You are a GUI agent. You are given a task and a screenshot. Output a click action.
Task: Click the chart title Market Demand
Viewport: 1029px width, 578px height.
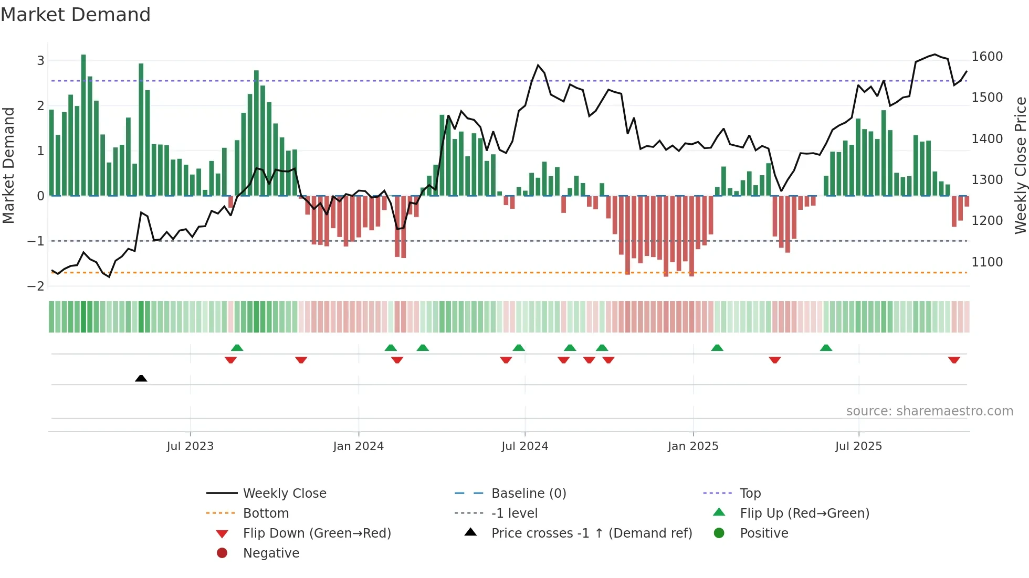[76, 15]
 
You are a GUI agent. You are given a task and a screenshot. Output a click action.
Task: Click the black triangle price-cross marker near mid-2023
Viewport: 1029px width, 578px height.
[141, 378]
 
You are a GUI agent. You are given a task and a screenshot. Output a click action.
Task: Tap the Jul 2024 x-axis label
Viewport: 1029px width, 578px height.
[524, 446]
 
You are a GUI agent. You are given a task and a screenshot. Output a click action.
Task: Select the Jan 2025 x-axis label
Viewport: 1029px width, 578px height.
[692, 446]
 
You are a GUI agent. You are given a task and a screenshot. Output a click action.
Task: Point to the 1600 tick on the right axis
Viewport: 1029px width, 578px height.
[987, 57]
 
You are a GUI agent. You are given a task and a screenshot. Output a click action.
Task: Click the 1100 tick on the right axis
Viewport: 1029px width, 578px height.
[987, 262]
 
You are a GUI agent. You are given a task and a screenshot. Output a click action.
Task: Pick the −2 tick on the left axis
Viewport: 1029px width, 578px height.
[36, 286]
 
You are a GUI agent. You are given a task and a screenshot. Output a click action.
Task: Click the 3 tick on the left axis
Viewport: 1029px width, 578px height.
[40, 61]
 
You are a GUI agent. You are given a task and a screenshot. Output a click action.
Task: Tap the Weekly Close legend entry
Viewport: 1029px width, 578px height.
[284, 494]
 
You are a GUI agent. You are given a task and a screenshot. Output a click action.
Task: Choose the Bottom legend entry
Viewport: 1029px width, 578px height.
[266, 513]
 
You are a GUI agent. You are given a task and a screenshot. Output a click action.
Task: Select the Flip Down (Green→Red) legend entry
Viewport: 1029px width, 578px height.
[317, 533]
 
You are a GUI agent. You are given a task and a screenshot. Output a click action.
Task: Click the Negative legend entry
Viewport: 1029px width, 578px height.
[271, 553]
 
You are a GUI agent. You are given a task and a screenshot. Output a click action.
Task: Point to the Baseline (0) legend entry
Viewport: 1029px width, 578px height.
[528, 494]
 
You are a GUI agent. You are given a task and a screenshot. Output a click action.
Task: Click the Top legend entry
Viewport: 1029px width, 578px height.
[750, 494]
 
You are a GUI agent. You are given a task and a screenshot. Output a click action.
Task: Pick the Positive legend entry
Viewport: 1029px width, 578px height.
[763, 533]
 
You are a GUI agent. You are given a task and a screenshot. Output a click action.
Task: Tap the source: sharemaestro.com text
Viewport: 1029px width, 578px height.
[929, 411]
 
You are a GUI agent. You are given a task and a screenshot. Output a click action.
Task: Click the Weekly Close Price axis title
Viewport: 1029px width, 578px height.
[1020, 165]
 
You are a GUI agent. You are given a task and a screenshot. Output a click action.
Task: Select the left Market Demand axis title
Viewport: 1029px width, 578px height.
[8, 165]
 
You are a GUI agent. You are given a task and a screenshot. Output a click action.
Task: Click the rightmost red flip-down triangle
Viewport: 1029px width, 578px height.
[954, 360]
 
